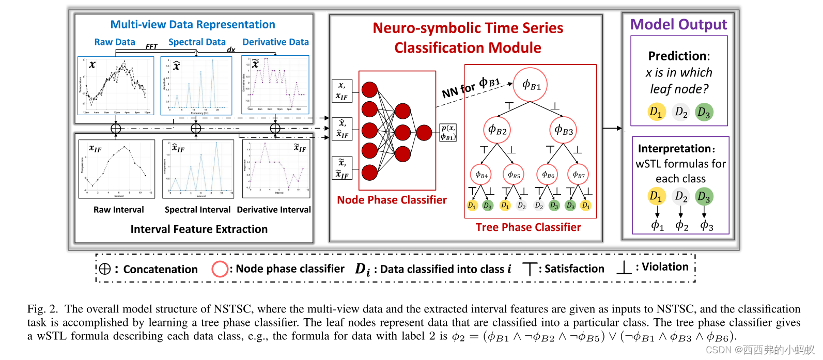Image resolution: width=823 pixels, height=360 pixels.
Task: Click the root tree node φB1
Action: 531,85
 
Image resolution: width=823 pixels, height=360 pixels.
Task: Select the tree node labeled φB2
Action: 498,130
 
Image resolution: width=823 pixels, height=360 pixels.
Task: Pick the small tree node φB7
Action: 578,175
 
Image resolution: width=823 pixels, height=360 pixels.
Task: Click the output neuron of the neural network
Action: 424,133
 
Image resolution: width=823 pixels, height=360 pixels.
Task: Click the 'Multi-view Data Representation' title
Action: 193,24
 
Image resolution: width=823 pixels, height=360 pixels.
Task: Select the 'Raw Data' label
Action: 115,42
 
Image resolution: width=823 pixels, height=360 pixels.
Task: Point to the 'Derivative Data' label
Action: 275,42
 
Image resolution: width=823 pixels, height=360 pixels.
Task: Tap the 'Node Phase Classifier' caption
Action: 392,200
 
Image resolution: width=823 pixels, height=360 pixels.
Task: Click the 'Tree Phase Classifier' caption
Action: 528,227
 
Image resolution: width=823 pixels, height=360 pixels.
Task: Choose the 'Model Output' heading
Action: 678,24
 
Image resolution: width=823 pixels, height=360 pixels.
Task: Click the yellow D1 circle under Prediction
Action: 656,112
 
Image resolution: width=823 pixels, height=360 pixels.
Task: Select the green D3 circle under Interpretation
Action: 704,196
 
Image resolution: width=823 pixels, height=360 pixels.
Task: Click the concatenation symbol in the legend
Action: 105,269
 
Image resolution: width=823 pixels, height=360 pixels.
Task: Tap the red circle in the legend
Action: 220,269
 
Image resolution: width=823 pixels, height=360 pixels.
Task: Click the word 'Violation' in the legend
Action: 665,267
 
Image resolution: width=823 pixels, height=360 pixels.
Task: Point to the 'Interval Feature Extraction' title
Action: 199,229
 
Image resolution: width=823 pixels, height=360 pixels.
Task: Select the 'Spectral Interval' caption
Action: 197,210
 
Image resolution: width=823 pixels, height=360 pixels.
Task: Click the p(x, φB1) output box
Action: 448,133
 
